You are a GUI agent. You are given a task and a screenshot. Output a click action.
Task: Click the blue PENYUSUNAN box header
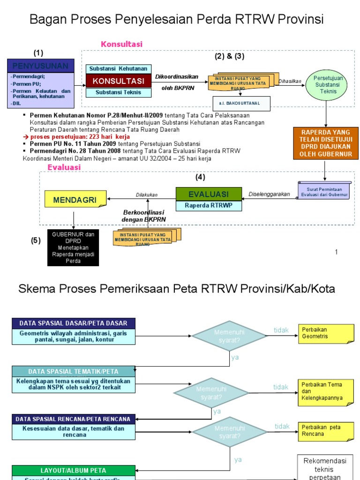pos(40,66)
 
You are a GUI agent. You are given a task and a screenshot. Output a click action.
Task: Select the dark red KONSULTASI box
pos(118,81)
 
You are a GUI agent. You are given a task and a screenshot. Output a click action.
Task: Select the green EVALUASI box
pos(209,194)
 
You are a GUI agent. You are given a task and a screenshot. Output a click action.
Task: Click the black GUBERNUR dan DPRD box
pos(73,247)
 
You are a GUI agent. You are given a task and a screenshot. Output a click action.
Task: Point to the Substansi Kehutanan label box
pos(118,69)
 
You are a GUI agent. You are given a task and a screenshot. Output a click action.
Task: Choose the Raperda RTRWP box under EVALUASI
pos(209,205)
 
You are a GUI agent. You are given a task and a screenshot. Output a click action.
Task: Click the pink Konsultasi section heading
pos(121,44)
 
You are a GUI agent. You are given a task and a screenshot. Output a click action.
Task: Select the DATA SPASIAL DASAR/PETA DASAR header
pos(74,323)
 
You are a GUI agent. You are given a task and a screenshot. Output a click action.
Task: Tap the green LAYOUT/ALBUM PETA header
pos(74,470)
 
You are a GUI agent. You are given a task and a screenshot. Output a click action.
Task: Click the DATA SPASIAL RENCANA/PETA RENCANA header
pos(74,419)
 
